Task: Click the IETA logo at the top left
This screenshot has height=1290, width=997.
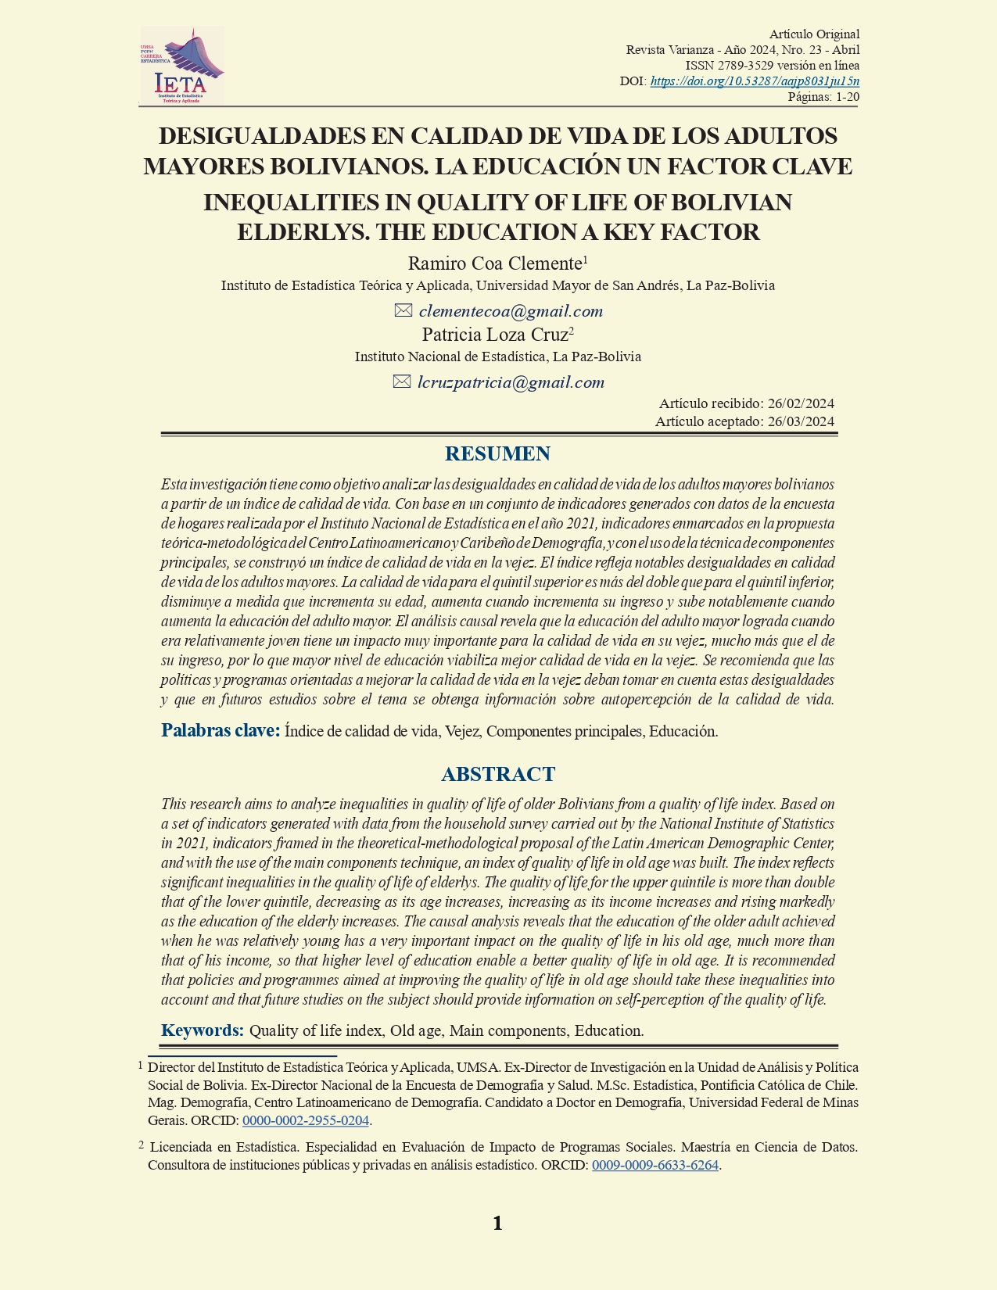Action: (x=182, y=66)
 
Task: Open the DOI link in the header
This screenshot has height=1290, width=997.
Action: (x=755, y=81)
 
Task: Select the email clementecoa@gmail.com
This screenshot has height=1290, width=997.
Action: (x=511, y=311)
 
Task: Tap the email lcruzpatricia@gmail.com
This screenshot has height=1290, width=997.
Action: (x=511, y=382)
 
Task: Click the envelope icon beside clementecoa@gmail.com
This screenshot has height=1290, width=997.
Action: (x=403, y=310)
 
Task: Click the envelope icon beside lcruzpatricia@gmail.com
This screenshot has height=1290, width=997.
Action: (x=402, y=382)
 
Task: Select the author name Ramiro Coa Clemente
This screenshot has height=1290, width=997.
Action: (x=495, y=263)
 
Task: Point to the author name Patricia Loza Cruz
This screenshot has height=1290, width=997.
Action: (x=495, y=335)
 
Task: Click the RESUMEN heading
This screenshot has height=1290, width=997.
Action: (x=497, y=453)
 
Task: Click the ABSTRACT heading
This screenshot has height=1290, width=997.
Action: (x=498, y=774)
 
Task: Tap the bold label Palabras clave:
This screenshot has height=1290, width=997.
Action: (x=221, y=730)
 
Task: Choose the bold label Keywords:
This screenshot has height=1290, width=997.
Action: (x=203, y=1030)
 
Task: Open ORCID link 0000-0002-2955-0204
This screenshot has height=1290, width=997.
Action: (x=306, y=1120)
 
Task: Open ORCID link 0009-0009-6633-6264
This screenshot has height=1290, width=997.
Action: (x=655, y=1165)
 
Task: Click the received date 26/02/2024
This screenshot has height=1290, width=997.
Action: (x=801, y=403)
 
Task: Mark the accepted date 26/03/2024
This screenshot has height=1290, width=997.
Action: (x=801, y=421)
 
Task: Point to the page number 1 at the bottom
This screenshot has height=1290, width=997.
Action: (x=497, y=1224)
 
